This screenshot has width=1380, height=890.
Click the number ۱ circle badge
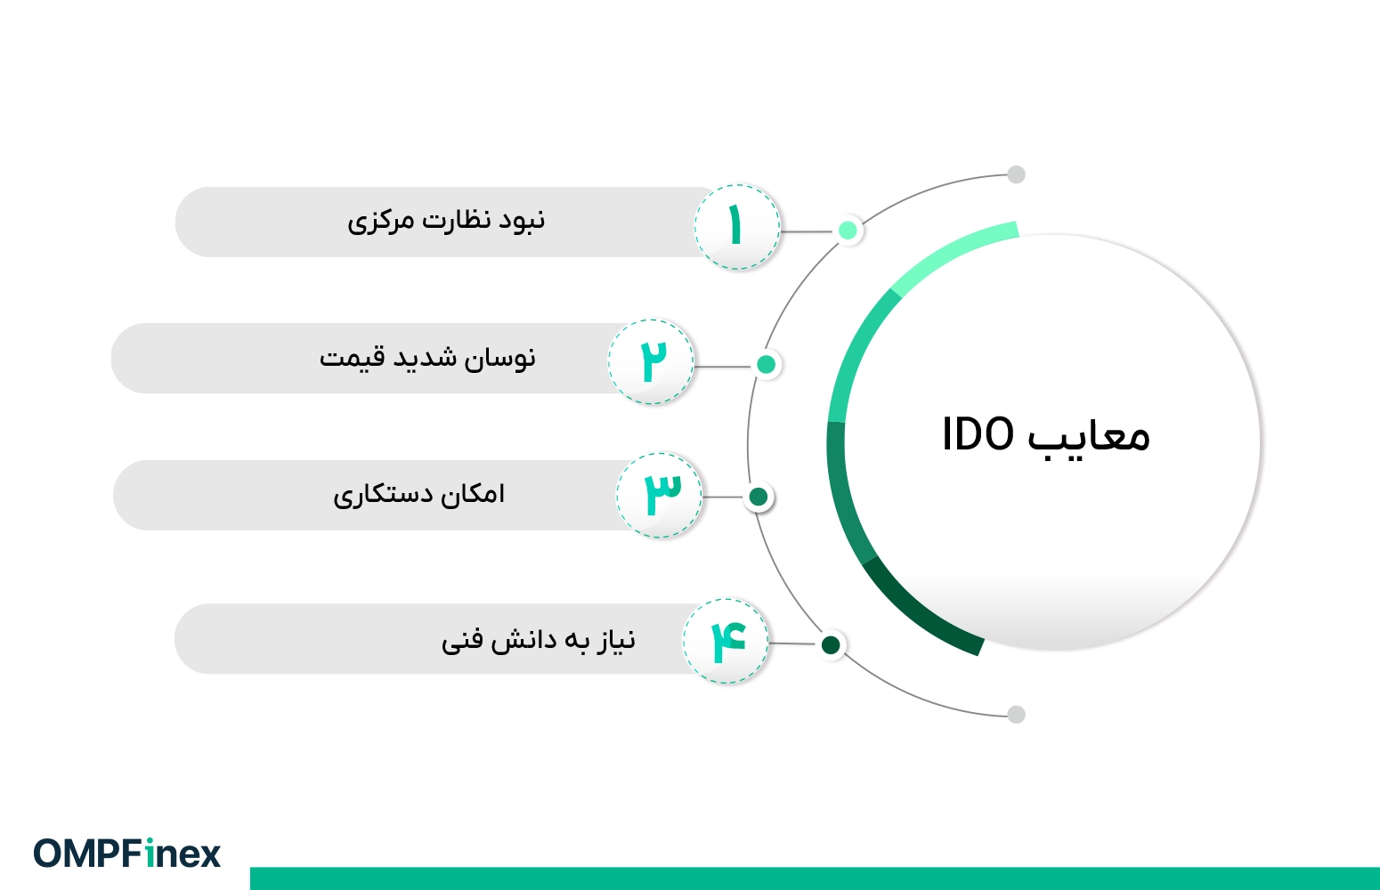pos(737,227)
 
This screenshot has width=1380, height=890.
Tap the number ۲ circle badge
pos(651,361)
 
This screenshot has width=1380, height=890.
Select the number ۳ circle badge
pos(659,495)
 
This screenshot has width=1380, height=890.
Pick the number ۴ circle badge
pos(726,641)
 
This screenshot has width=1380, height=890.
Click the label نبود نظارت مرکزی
pos(446,221)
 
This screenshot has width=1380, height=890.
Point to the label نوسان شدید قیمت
pos(427,358)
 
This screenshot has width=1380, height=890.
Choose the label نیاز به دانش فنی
pos(538,640)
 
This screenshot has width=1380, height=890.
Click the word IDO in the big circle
pos(978,434)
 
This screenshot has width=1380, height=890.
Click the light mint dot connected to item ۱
pos(848,231)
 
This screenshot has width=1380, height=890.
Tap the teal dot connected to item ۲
pos(766,365)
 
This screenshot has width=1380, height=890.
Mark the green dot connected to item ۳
pos(759,497)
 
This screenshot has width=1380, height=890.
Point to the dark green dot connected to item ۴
pos(831,645)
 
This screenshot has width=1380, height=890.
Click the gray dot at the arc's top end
pos(1016,174)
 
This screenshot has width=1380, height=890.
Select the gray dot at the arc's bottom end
pos(1016,715)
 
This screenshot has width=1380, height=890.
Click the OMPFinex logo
pos(127,853)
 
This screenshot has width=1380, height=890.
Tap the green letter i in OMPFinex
pos(150,853)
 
